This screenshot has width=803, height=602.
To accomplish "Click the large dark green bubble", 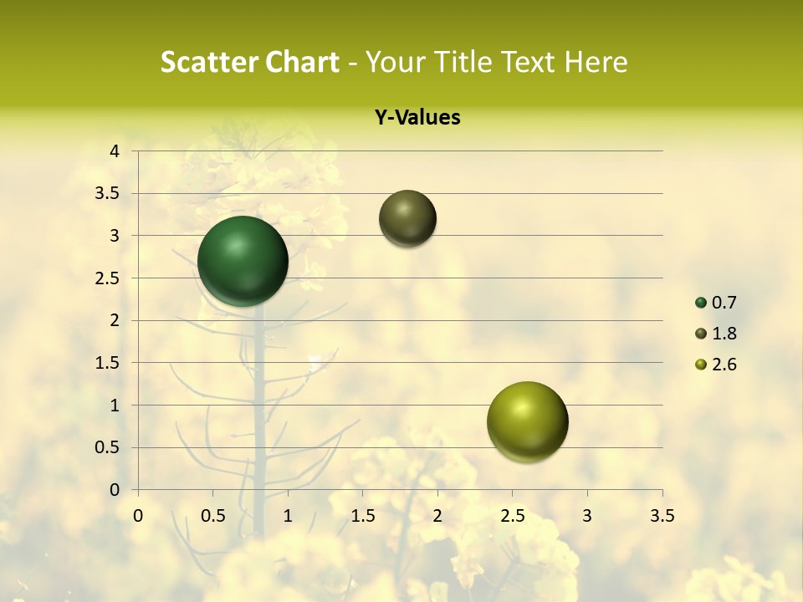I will [x=243, y=261].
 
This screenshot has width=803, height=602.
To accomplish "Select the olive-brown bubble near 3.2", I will [x=407, y=218].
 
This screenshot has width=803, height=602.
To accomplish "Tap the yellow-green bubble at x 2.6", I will [x=527, y=422].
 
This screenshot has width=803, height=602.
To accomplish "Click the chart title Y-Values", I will [x=417, y=118].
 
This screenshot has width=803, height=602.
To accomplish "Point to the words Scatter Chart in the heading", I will [x=249, y=62].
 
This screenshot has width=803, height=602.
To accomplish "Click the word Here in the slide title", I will [x=596, y=62].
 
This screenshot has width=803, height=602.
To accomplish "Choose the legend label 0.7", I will [x=725, y=303].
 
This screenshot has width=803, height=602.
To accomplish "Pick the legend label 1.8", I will [x=725, y=334].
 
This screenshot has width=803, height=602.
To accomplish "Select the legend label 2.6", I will [x=725, y=365].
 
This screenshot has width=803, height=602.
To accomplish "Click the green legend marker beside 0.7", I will [x=701, y=303].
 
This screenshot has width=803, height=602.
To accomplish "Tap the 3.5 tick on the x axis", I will [x=662, y=516].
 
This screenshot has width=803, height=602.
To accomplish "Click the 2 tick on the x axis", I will [x=437, y=516].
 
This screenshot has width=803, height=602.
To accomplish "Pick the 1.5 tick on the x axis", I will [x=363, y=516].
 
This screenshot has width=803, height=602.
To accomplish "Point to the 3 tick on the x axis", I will [x=587, y=516].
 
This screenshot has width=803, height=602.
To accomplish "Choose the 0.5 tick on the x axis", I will [x=213, y=516].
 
